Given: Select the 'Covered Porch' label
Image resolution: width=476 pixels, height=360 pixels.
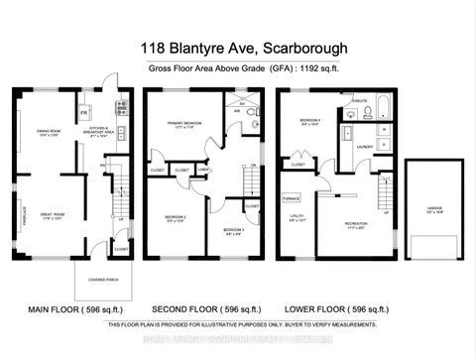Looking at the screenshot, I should (102, 279).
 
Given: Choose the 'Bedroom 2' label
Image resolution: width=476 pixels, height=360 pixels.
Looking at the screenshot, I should (176, 218).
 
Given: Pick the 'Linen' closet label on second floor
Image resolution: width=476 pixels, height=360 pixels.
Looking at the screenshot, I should (203, 171).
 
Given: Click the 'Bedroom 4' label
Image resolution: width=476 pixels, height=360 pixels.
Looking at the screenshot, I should (311, 122).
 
